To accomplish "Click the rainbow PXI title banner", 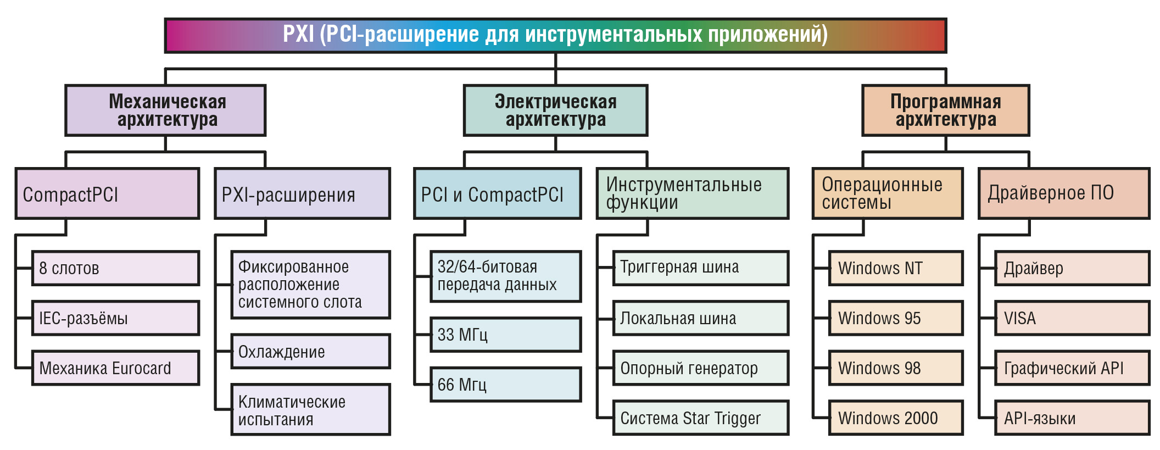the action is click(555, 36).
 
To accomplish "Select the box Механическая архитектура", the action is click(165, 110).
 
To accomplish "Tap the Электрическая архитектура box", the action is click(555, 110).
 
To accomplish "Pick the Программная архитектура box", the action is click(945, 110).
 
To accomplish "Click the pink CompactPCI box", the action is click(107, 193).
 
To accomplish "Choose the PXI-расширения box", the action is click(302, 193).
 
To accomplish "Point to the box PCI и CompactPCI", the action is click(497, 193).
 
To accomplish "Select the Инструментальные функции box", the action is click(692, 193).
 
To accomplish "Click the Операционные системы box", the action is click(887, 193).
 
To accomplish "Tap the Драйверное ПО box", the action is click(1064, 193).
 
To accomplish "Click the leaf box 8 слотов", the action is click(115, 268).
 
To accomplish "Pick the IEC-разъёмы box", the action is click(115, 318).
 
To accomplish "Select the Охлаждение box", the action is click(310, 352).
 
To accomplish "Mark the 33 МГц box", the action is click(505, 335).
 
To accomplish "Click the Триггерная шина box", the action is click(700, 268).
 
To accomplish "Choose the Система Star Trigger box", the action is click(700, 418).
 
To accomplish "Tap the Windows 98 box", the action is click(895, 368).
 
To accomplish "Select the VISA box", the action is click(1072, 318).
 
